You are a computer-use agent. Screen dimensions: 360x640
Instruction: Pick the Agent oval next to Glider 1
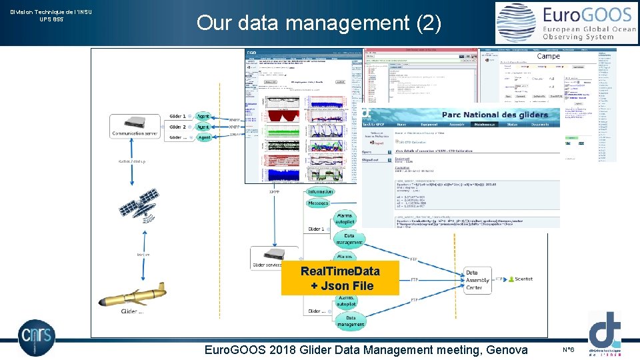(203, 117)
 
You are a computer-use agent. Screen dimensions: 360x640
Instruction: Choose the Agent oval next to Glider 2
(203, 127)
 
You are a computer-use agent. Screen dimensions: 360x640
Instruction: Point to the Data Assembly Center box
(477, 280)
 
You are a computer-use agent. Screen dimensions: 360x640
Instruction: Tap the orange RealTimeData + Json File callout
(340, 278)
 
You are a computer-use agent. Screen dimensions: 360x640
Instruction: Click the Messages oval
(319, 203)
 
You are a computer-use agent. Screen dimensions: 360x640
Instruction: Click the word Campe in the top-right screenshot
(548, 56)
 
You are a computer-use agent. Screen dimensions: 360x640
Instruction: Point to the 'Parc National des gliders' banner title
(496, 115)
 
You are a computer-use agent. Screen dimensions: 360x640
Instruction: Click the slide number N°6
(569, 349)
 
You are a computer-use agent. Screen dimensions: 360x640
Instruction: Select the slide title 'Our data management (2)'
(319, 23)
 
